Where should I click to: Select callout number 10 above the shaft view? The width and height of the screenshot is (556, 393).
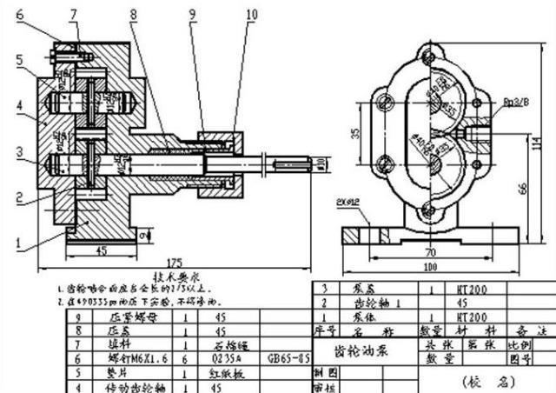point(251,13)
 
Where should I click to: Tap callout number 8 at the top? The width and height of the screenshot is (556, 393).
point(132,13)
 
